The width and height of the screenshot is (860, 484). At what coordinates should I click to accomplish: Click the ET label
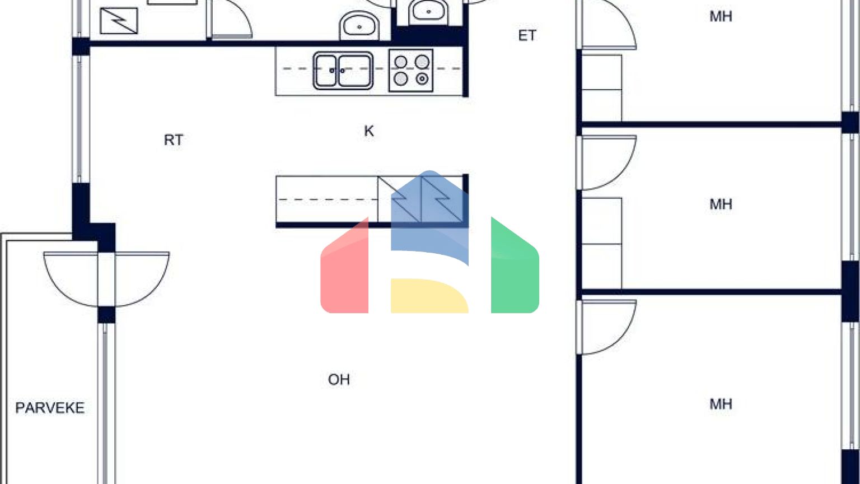tap(527, 36)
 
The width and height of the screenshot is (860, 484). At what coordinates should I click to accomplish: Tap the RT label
tap(173, 140)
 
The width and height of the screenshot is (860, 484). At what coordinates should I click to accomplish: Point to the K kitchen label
tap(368, 131)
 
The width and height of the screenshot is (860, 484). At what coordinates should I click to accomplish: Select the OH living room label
tap(339, 380)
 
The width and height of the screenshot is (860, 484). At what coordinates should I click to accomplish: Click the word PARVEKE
tap(50, 408)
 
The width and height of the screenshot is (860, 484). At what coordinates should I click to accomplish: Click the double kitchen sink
tap(343, 71)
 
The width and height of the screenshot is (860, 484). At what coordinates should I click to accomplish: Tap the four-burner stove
tap(411, 71)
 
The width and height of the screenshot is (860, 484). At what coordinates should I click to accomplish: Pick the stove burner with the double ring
tap(422, 79)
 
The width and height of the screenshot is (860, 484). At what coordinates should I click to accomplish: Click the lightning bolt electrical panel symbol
tap(119, 20)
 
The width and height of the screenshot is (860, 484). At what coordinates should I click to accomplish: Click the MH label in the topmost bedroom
tap(721, 17)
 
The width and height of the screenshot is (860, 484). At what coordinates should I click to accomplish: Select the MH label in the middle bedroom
tap(721, 204)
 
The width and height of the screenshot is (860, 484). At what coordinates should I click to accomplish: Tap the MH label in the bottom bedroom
tap(721, 404)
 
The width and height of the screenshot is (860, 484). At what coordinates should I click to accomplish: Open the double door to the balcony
tap(106, 278)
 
